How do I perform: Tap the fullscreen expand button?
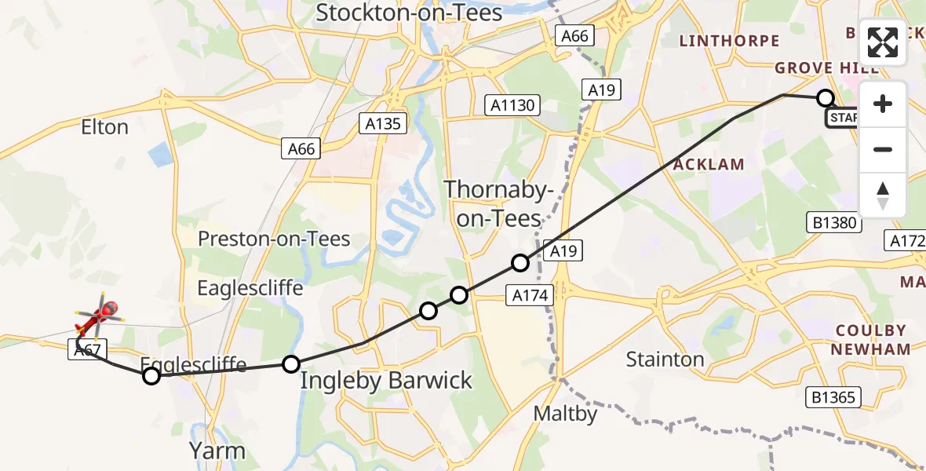pyautogui.click(x=883, y=42)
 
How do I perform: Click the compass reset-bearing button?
pyautogui.click(x=883, y=195)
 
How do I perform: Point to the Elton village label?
pyautogui.click(x=105, y=127)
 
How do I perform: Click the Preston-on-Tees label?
pyautogui.click(x=274, y=239)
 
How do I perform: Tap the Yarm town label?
pyautogui.click(x=217, y=451)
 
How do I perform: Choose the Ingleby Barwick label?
pyautogui.click(x=387, y=382)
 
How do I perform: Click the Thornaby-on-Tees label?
pyautogui.click(x=499, y=203)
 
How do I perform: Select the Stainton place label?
pyautogui.click(x=665, y=360)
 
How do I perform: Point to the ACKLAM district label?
pyautogui.click(x=709, y=164)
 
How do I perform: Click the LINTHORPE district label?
pyautogui.click(x=729, y=41)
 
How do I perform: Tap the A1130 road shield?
pyautogui.click(x=512, y=105)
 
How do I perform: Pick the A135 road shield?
pyautogui.click(x=382, y=123)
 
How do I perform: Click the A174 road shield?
pyautogui.click(x=531, y=295)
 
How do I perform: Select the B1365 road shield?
pyautogui.click(x=833, y=397)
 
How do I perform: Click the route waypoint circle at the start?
pyautogui.click(x=825, y=98)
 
